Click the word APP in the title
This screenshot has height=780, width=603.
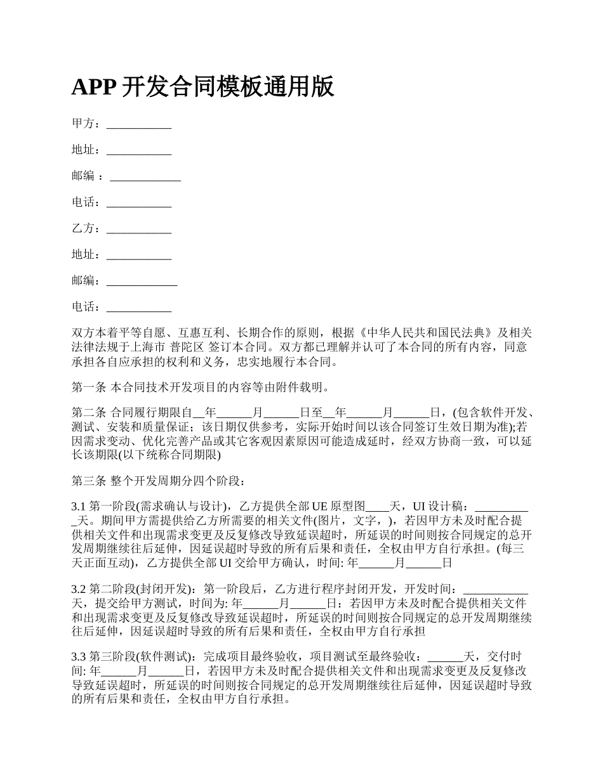[x=93, y=87]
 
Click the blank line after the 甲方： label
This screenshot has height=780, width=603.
[x=139, y=124]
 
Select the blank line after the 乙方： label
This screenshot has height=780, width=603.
[x=139, y=229]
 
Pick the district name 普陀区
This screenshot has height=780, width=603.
[x=188, y=348]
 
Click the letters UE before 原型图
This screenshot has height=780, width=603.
[x=318, y=506]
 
